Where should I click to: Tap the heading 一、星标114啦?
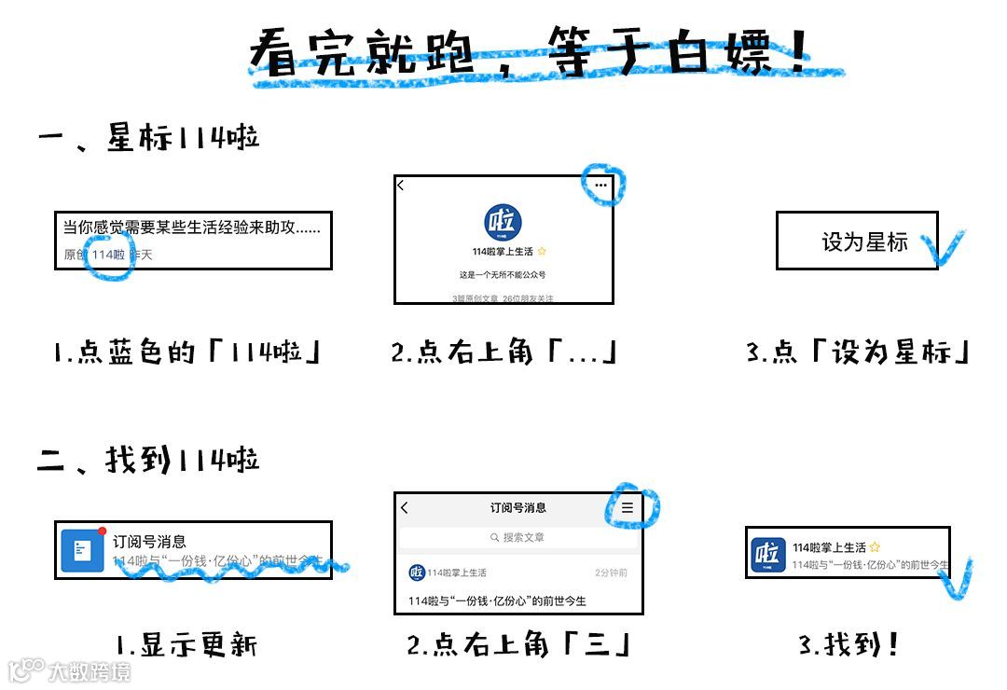tap(149, 138)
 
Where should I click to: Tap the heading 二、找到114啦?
tap(149, 460)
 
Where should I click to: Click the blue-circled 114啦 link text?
tap(108, 255)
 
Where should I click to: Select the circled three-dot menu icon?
tap(600, 186)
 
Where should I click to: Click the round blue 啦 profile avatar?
tap(504, 223)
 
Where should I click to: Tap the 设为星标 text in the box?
tap(864, 242)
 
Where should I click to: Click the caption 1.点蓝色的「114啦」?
tap(187, 352)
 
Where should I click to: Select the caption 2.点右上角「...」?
tap(504, 352)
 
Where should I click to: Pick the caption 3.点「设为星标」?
tap(859, 352)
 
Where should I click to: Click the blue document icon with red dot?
tap(82, 550)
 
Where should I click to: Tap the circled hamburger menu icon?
tap(628, 507)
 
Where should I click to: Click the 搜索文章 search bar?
tap(518, 538)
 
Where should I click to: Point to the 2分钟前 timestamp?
tap(611, 573)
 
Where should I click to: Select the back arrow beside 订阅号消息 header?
tap(405, 508)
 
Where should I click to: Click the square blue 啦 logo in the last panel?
tap(768, 554)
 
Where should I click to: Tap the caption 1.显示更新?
tap(186, 644)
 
